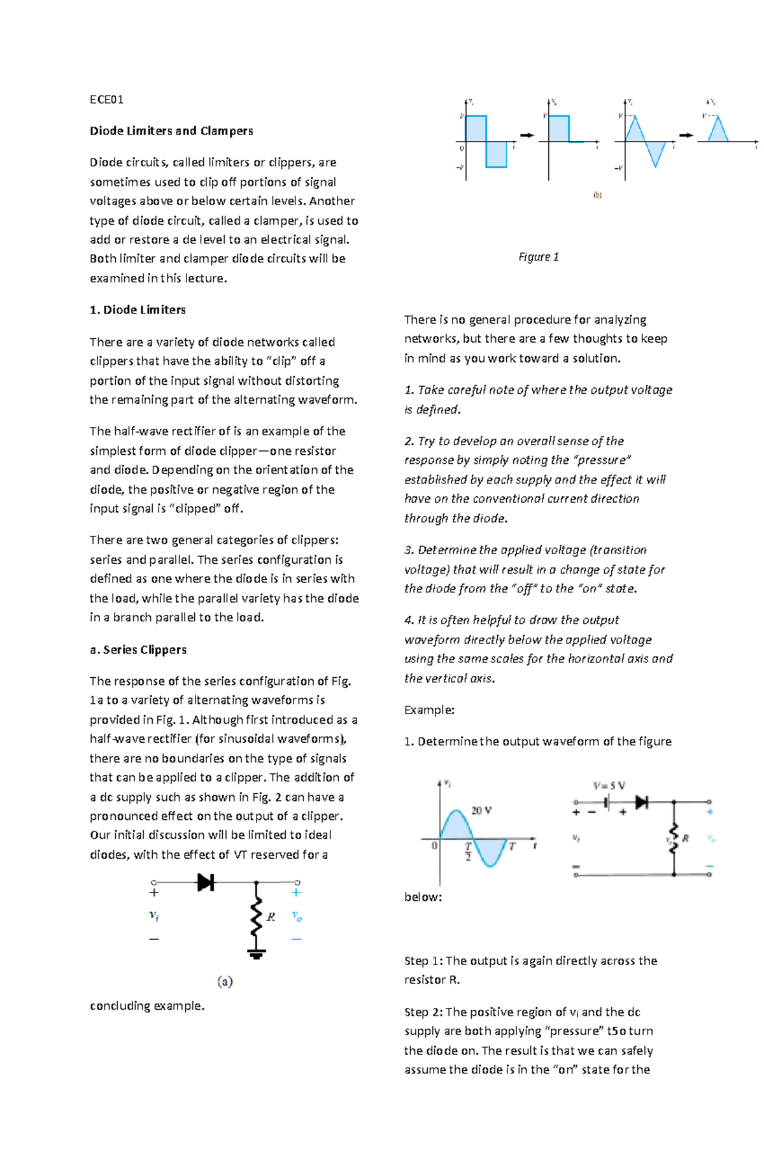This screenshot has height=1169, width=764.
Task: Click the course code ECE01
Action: [106, 99]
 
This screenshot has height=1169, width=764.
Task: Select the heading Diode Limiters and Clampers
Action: [171, 131]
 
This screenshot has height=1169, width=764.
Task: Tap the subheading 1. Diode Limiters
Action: [138, 310]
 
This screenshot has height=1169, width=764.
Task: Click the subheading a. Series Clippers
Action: [138, 649]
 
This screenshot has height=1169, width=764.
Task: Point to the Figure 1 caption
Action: [538, 257]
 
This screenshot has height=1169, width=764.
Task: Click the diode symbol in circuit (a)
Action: [206, 882]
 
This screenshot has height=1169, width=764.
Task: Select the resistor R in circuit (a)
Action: [257, 917]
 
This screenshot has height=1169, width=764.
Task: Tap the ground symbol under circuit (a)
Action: [257, 954]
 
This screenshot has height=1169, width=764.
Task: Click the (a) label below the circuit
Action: [225, 981]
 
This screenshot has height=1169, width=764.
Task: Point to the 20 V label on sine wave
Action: [481, 810]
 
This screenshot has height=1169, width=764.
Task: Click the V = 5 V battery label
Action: [609, 785]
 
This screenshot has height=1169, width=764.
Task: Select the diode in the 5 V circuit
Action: [641, 802]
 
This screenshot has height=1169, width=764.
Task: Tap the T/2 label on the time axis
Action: [468, 851]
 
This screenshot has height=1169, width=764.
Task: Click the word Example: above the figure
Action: [429, 710]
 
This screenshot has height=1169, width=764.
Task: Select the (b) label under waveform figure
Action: [597, 195]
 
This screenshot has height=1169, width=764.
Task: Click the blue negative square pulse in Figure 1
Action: [496, 154]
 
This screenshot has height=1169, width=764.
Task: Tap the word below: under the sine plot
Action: [423, 897]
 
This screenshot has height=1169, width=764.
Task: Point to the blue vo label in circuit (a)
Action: [297, 916]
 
